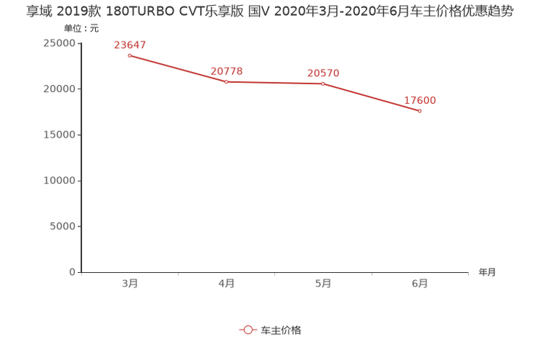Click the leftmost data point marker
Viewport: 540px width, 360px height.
coord(129,54)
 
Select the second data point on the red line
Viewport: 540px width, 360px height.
coord(226,81)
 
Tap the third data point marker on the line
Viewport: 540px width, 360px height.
coord(323,83)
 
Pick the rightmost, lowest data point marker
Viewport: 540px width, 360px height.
coord(420,111)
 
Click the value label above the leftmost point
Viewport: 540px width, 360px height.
coord(130,44)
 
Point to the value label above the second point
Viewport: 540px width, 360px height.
coord(226,70)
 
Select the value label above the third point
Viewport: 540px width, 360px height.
coord(323,73)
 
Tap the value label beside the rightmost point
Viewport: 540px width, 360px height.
coord(420,101)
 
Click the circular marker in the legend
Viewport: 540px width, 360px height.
coord(248,330)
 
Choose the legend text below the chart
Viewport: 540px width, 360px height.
coord(281,330)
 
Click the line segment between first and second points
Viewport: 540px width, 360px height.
coord(178,68)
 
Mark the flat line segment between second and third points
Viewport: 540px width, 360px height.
coord(274,82)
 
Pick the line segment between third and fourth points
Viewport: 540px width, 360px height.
coord(372,97)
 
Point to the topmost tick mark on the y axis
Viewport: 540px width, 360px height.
coord(78,42)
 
